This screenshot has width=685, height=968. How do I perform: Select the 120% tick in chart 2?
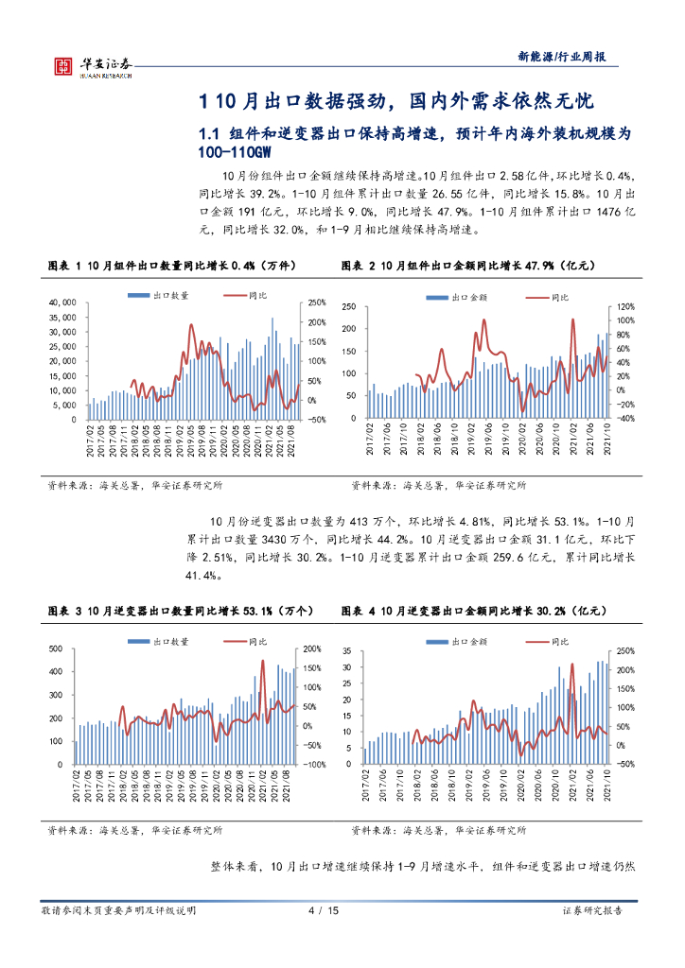[625, 307]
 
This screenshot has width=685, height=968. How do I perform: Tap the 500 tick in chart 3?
[58, 648]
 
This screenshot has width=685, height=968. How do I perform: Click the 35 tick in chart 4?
[345, 652]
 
